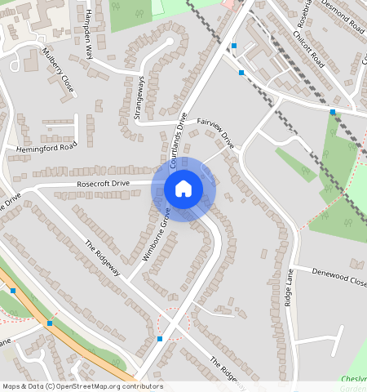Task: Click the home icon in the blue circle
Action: pos(183,189)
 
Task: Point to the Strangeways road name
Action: pos(139,100)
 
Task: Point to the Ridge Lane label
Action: pos(288,287)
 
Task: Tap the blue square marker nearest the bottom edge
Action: pos(160,338)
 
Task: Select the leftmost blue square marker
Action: pos(13,290)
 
